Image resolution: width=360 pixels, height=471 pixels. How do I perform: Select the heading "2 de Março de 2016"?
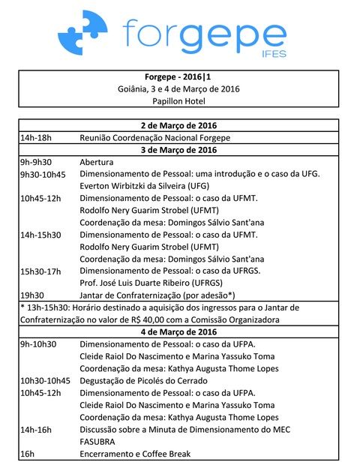click(178, 125)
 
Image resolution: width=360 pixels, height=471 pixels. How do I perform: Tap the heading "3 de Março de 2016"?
click(178, 150)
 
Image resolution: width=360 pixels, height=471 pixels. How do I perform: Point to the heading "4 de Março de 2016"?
click(178, 331)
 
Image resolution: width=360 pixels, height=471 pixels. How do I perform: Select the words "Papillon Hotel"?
click(178, 101)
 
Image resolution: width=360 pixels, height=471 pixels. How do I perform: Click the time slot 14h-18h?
click(35, 138)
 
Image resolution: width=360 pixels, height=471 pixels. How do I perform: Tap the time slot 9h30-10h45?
click(43, 174)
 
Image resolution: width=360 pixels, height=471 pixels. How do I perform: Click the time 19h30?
click(31, 295)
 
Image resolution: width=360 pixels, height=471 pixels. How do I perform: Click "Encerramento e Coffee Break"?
click(135, 453)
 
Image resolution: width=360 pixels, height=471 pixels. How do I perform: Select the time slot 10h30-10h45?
click(45, 380)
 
